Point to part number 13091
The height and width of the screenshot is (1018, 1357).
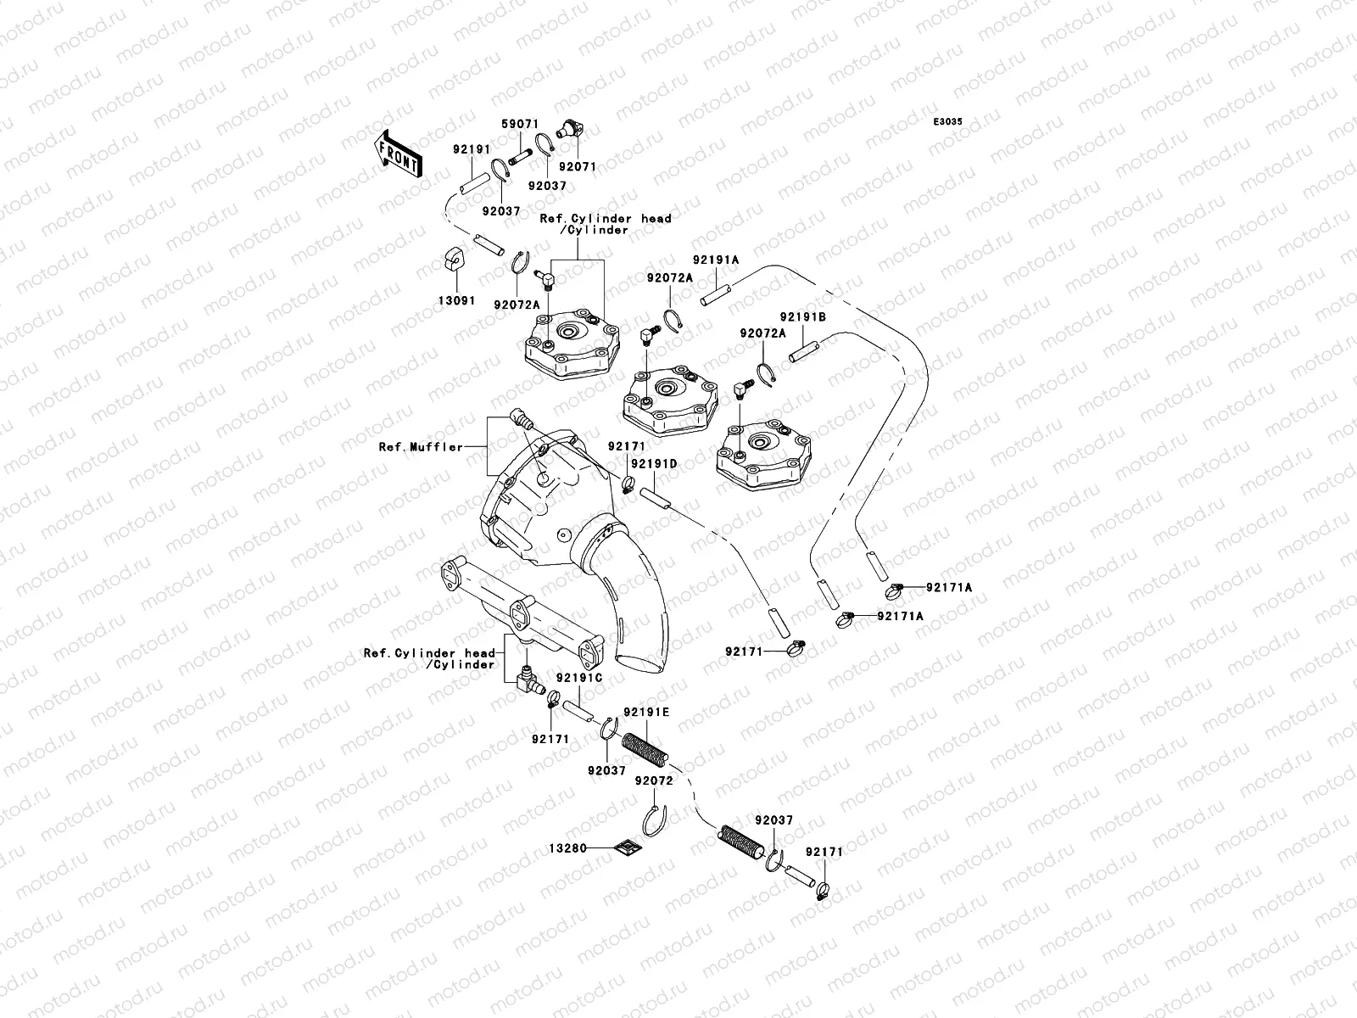click(457, 300)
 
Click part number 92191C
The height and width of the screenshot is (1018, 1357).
click(579, 678)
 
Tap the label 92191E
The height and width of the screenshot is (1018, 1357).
click(646, 712)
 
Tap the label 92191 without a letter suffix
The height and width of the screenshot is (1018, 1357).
click(472, 149)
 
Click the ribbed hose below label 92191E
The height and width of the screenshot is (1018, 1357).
click(646, 751)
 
